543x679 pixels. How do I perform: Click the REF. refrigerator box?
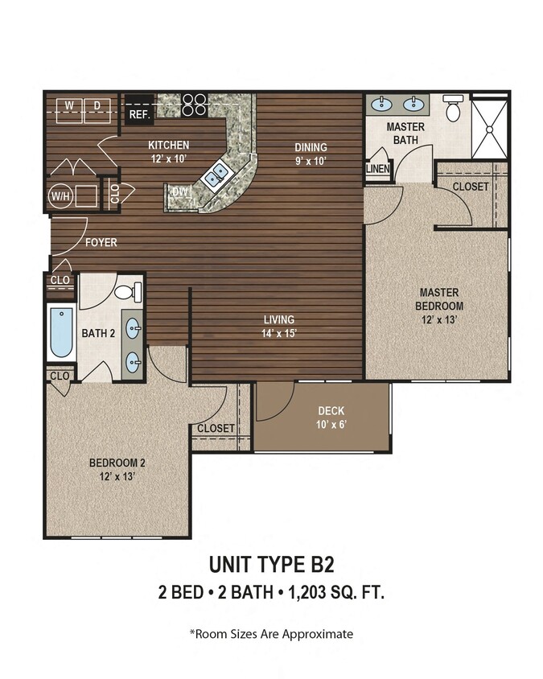pyautogui.click(x=139, y=110)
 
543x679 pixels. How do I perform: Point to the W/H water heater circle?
pyautogui.click(x=60, y=195)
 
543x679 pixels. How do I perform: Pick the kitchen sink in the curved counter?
pyautogui.click(x=215, y=176)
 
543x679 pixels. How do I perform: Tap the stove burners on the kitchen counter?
pyautogui.click(x=194, y=103)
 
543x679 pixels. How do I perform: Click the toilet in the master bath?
pyautogui.click(x=453, y=108)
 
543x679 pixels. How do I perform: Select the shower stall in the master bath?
pyautogui.click(x=489, y=127)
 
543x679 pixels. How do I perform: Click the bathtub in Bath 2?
pyautogui.click(x=61, y=332)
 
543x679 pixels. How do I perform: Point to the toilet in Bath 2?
pyautogui.click(x=127, y=290)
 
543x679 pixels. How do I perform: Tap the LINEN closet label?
pyautogui.click(x=378, y=169)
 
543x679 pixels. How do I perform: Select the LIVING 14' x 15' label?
pyautogui.click(x=277, y=326)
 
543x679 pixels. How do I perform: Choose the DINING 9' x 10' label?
pyautogui.click(x=311, y=154)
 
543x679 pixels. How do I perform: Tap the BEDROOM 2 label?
pyautogui.click(x=117, y=469)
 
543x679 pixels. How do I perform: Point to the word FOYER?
pyautogui.click(x=101, y=241)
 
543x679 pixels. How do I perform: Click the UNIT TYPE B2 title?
pyautogui.click(x=271, y=564)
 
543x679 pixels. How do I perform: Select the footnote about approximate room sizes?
pyautogui.click(x=271, y=634)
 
